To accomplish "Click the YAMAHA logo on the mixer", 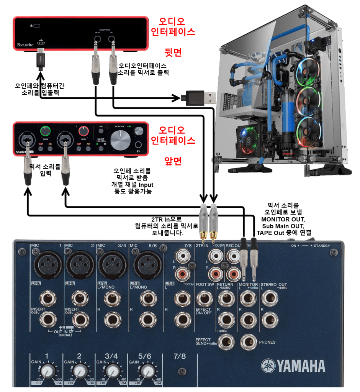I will click(x=293, y=366).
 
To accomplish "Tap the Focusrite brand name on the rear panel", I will click(x=26, y=45).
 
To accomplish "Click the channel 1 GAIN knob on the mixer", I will click(x=47, y=371).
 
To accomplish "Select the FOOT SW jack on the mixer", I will click(x=204, y=298).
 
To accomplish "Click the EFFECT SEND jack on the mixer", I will click(x=226, y=341).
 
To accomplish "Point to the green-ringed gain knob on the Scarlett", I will click(x=45, y=131).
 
